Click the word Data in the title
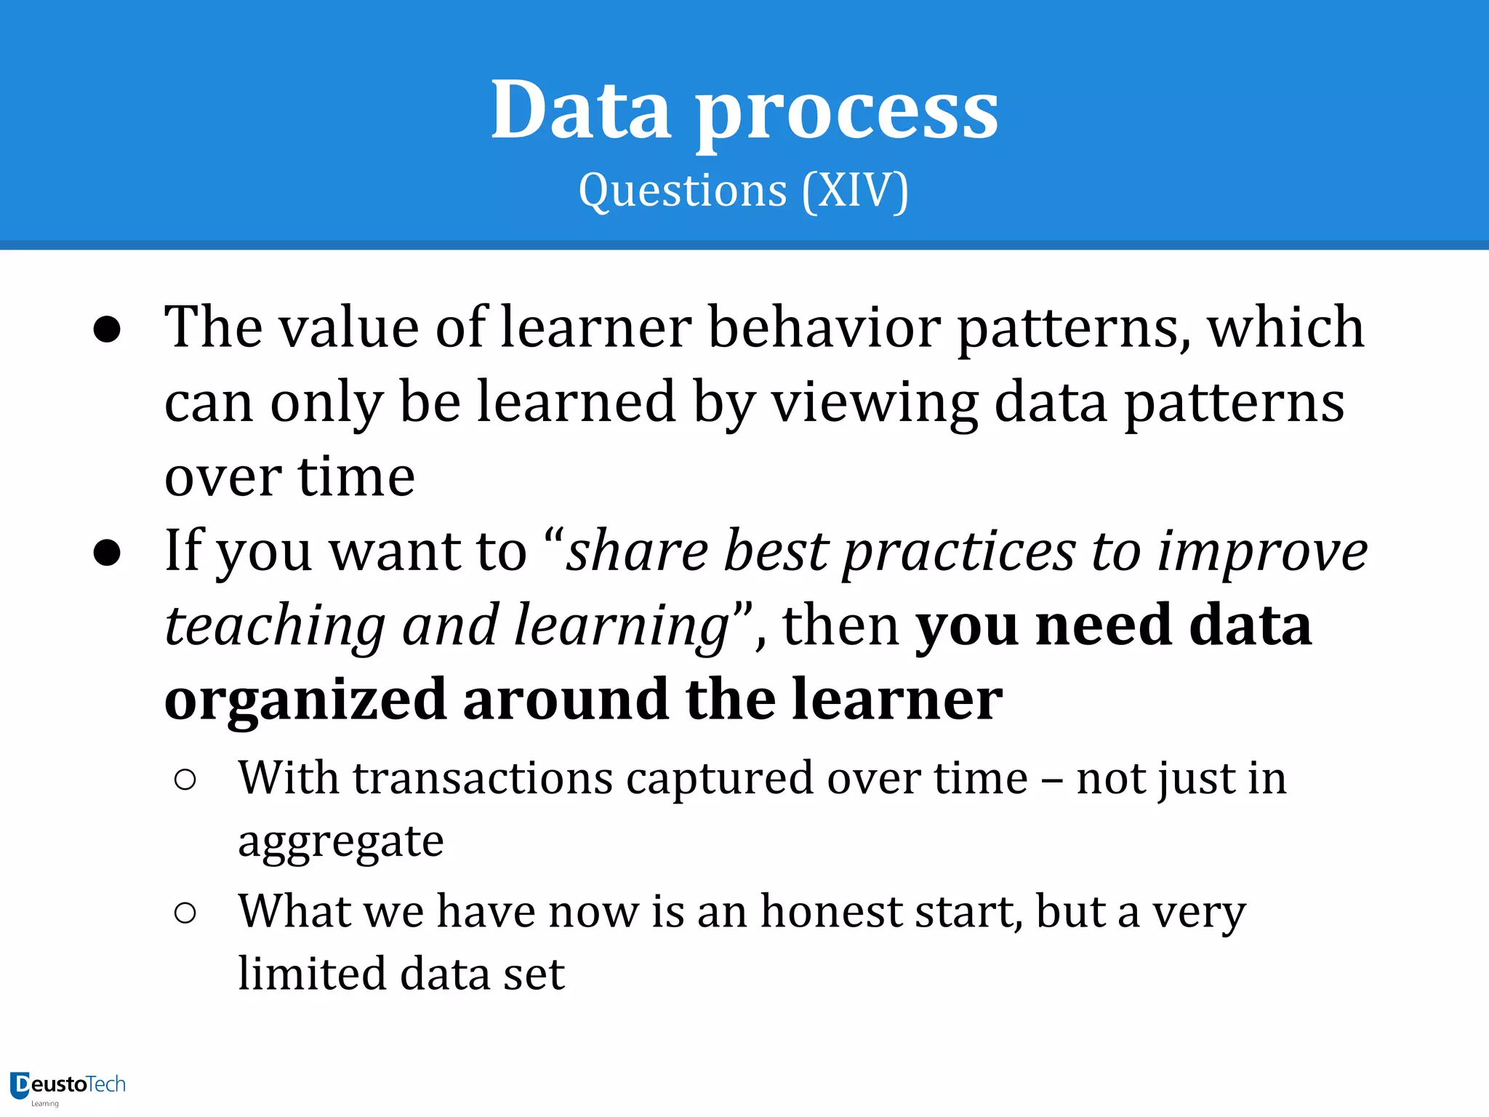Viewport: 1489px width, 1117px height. click(580, 111)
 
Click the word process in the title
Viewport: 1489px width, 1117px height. click(846, 115)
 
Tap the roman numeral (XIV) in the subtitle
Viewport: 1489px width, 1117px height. click(855, 191)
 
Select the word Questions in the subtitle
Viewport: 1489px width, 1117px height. click(683, 191)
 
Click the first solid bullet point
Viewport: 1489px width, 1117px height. click(107, 329)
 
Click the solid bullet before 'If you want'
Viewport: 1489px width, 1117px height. click(107, 553)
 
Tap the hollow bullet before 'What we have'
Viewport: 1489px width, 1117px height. click(185, 913)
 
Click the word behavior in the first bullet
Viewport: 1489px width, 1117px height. click(824, 328)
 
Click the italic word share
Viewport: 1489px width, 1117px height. click(637, 551)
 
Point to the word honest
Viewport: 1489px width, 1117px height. click(830, 912)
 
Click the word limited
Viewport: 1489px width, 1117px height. click(311, 974)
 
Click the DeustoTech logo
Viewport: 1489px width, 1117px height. click(68, 1086)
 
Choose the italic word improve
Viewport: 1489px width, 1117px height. click(1262, 551)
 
